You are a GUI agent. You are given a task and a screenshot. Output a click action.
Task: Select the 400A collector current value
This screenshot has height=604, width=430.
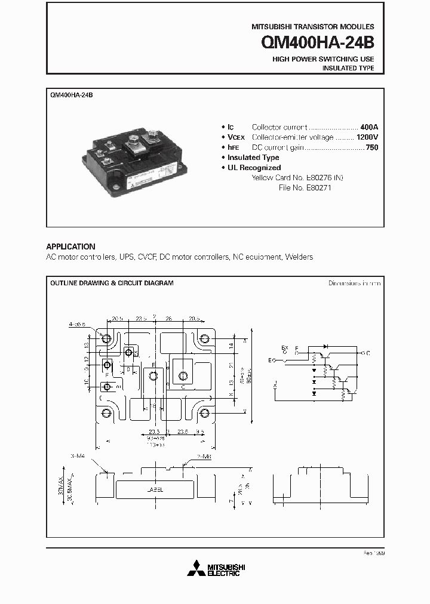(x=370, y=127)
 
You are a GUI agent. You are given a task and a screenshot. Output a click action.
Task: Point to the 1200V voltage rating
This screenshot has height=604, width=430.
(x=367, y=137)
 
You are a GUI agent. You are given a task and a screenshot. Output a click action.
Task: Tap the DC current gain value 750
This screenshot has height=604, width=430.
(x=372, y=147)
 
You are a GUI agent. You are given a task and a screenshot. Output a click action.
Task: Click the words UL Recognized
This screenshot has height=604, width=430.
(x=254, y=168)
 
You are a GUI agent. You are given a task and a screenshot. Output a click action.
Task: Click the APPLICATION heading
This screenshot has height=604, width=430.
(x=70, y=246)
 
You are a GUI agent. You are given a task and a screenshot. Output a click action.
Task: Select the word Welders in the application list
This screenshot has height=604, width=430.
(x=299, y=257)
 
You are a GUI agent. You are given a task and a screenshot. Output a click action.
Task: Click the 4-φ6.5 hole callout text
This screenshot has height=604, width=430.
(x=77, y=324)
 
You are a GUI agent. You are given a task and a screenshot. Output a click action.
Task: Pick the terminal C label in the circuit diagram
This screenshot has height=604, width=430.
(x=368, y=353)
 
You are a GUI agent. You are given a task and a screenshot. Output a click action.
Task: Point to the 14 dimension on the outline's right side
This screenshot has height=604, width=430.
(x=231, y=345)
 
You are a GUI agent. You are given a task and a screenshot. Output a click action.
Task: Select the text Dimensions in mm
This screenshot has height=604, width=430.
(x=354, y=283)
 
